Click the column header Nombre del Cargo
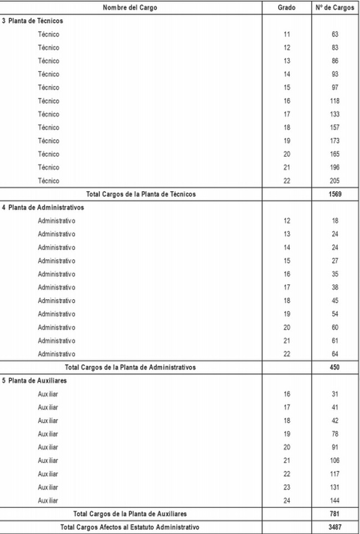(130, 8)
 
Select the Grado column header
(286, 8)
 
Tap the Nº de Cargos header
(335, 8)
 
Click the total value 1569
(335, 194)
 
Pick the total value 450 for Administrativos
(335, 367)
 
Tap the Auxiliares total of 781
(335, 514)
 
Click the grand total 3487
(335, 527)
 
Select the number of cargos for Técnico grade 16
(335, 101)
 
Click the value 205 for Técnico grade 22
(335, 181)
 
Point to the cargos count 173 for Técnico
(335, 141)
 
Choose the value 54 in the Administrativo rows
(335, 314)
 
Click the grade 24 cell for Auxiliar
(286, 500)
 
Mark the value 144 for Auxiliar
(335, 500)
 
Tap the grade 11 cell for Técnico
(286, 34)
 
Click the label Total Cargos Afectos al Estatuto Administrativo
(130, 527)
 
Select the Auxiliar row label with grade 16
(48, 394)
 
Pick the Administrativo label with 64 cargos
(56, 354)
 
